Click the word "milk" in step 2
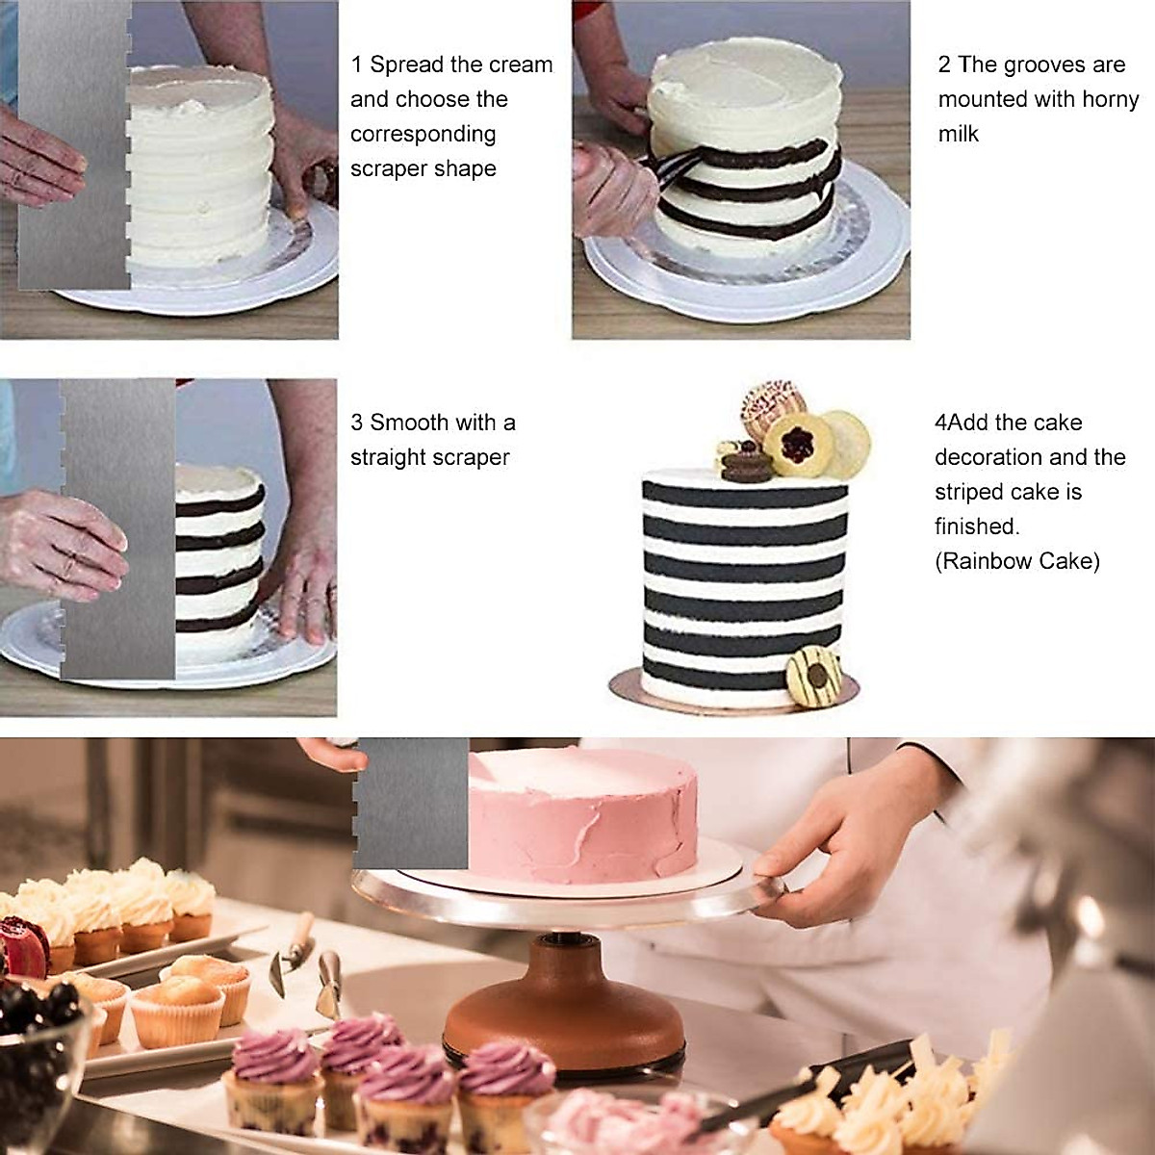(x=958, y=134)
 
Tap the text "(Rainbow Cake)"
(x=1016, y=561)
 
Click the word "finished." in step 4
(x=976, y=526)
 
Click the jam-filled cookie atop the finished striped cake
(x=797, y=443)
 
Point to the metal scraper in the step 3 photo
(x=118, y=529)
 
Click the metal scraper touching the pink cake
(x=412, y=804)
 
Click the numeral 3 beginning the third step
(x=357, y=423)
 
